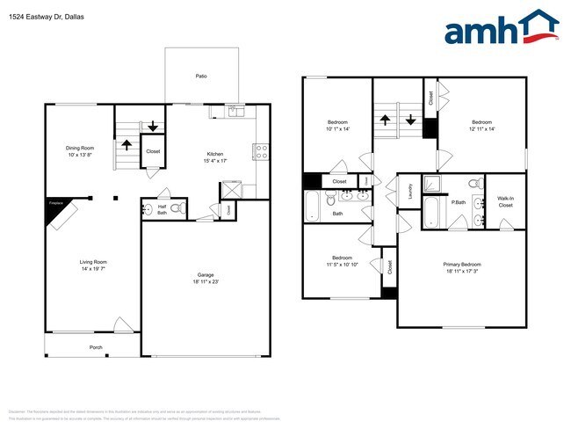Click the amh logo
[501, 28]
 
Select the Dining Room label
[80, 148]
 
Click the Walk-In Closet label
[505, 201]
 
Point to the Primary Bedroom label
[461, 264]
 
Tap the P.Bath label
[458, 201]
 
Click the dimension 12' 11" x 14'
[481, 129]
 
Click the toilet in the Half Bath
[177, 209]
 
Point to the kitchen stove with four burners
[260, 151]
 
